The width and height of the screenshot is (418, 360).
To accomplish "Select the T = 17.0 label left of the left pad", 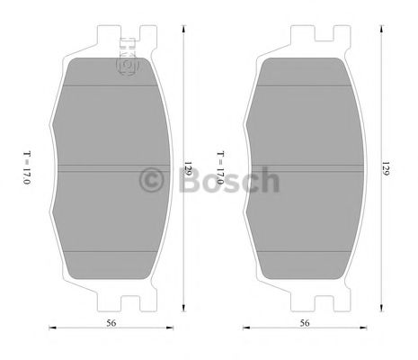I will coord(27,168).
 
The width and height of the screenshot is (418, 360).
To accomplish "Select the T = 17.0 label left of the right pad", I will coord(219,168).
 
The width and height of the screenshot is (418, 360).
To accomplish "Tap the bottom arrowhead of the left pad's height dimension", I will coord(184,307).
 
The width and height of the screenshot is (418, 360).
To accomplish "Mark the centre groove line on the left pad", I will coord(111,166).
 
